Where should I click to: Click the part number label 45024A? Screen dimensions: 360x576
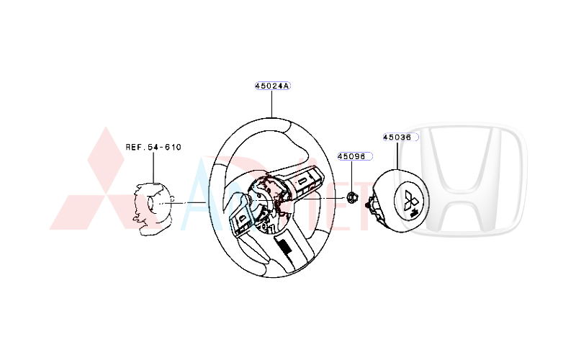[271, 86]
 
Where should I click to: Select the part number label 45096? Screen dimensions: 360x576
[351, 156]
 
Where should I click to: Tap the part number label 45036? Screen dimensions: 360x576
[397, 137]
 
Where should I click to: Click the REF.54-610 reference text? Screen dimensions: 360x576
[153, 147]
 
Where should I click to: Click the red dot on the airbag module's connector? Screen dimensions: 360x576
[368, 207]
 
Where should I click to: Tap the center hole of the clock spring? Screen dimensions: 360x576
[155, 204]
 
